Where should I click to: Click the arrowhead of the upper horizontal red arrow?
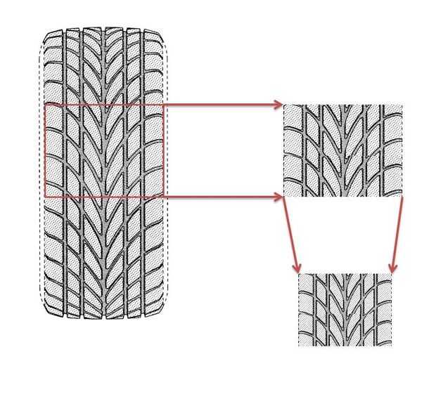click(x=278, y=105)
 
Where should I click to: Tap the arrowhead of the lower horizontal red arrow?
click(x=278, y=197)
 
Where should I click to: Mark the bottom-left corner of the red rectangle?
click(x=44, y=197)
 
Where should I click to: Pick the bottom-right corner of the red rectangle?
click(x=164, y=197)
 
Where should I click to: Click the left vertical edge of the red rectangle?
click(x=44, y=151)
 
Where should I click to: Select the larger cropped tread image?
click(x=342, y=150)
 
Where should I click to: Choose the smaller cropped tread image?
click(x=345, y=309)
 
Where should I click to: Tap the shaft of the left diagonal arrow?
click(x=291, y=235)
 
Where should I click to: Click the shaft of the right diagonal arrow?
click(x=397, y=235)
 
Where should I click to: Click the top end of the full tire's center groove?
click(x=105, y=30)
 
